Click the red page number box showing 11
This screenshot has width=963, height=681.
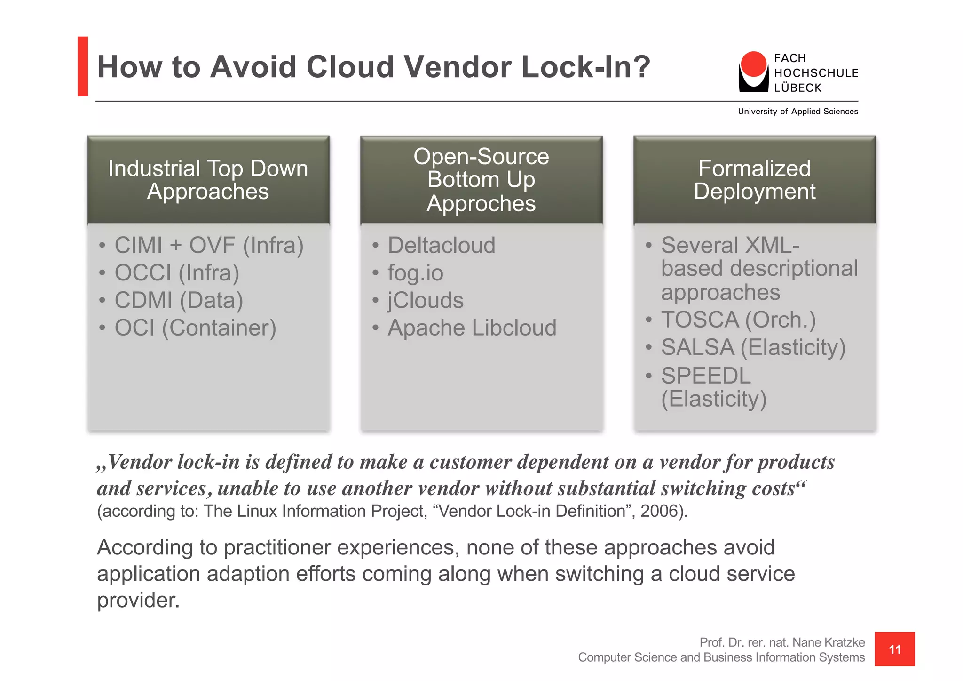coord(894,649)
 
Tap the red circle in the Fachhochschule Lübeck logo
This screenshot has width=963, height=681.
coord(753,64)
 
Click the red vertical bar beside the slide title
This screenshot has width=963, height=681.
coord(83,66)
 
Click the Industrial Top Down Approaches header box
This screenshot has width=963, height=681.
coord(208,180)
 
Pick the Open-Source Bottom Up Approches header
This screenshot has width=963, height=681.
coord(481,180)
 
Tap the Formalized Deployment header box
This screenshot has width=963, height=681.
coord(754,180)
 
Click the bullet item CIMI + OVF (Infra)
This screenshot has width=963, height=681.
coord(209,245)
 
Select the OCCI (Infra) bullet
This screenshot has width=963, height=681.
coord(177,273)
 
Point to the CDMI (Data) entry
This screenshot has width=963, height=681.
coord(179,300)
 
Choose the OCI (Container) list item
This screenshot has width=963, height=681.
coord(195,328)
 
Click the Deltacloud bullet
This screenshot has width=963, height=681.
coord(441,245)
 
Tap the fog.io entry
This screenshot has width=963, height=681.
coord(415,273)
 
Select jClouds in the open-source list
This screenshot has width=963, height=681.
coord(425,300)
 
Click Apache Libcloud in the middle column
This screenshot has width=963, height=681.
coord(472,328)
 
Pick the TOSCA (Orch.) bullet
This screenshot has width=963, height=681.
coord(738,320)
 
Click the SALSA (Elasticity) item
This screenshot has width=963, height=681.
coord(753,347)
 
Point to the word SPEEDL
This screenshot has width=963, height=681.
coord(706,376)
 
